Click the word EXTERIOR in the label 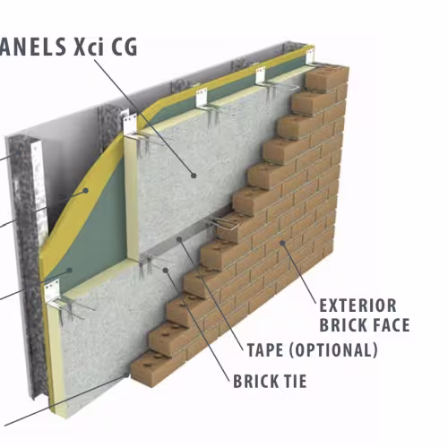(x=358, y=306)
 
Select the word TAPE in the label (x=265, y=350)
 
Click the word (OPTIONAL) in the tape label (x=333, y=350)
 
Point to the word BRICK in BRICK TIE (x=254, y=381)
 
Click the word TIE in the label (x=294, y=381)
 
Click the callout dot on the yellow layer (x=86, y=190)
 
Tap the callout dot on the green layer (x=70, y=271)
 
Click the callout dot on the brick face (x=282, y=243)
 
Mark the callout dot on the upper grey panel (x=194, y=176)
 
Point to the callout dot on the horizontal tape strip (x=179, y=239)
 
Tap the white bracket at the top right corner (x=311, y=57)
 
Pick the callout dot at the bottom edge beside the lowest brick (x=127, y=375)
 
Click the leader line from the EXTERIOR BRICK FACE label (x=299, y=272)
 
